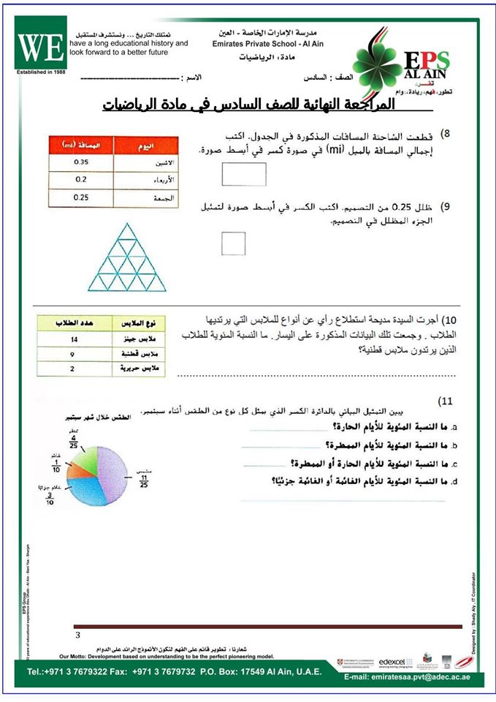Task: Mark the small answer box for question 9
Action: pyautogui.click(x=233, y=243)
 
